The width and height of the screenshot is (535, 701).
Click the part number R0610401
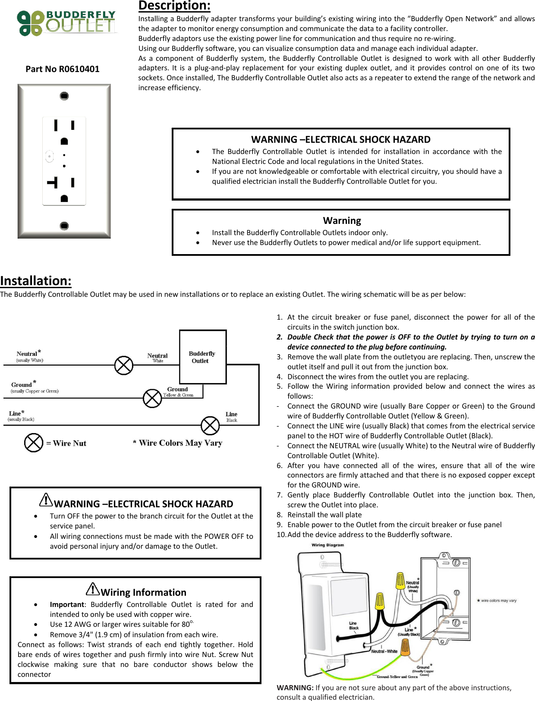pos(63,69)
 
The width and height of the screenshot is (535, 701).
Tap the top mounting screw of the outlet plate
pos(64,96)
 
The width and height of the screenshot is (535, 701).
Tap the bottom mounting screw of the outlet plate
pos(64,226)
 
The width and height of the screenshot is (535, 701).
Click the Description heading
pos(174,6)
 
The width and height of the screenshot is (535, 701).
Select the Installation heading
pos(36,281)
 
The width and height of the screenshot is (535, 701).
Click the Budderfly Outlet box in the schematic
pos(203,357)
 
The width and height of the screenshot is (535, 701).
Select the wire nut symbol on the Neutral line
pos(124,365)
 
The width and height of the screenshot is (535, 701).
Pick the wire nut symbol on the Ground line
pos(152,398)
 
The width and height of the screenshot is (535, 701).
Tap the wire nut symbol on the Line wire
pos(210,426)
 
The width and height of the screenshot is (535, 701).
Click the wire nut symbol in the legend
pos(34,443)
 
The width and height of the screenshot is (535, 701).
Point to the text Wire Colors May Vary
pos(178,443)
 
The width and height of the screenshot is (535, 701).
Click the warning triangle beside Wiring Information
pos(93,589)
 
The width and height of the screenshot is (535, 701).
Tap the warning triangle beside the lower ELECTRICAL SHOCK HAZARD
pos(46,500)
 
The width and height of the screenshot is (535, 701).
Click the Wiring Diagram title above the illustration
pos(328,545)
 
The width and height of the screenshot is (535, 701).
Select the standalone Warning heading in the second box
pos(342,221)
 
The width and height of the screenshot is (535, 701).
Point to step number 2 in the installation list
pos(280,337)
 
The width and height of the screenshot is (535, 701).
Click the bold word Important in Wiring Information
pos(67,604)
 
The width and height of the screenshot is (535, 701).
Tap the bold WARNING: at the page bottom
pos(295,688)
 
